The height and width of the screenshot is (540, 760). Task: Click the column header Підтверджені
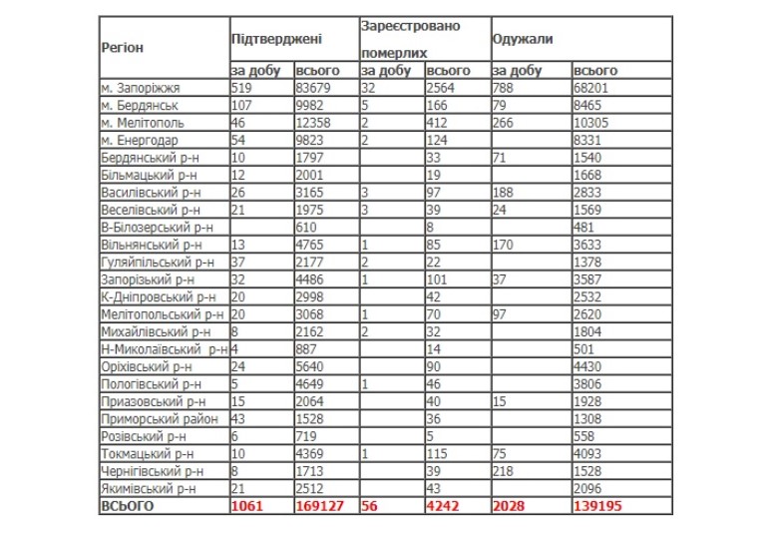[x=276, y=40]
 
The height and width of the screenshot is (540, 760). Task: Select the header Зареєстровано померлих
[x=410, y=38]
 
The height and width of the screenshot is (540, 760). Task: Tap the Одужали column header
[x=523, y=40]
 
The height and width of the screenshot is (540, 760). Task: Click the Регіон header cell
[x=123, y=47]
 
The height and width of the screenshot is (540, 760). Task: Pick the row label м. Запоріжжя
[x=141, y=88]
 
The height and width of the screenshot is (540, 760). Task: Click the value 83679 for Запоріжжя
[x=318, y=88]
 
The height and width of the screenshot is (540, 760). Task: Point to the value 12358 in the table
[x=318, y=123]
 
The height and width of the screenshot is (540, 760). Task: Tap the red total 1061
[x=248, y=506]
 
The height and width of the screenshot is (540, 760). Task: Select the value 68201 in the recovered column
[x=595, y=88]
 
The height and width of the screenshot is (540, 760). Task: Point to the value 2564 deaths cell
[x=443, y=88]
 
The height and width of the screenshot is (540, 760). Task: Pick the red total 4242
[x=445, y=506]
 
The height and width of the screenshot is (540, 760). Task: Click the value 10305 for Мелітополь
[x=595, y=123]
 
